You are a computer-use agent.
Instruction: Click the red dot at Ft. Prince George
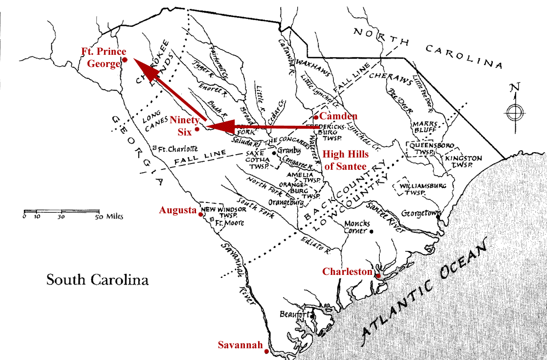[x=125, y=60]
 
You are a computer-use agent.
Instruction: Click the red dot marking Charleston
[x=378, y=276]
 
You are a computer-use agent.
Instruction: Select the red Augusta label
[x=177, y=210]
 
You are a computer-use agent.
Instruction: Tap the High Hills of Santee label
[x=346, y=160]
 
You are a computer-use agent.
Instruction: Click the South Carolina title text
[x=97, y=280]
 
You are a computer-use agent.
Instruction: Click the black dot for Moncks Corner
[x=372, y=231]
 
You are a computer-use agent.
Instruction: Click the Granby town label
[x=288, y=151]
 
